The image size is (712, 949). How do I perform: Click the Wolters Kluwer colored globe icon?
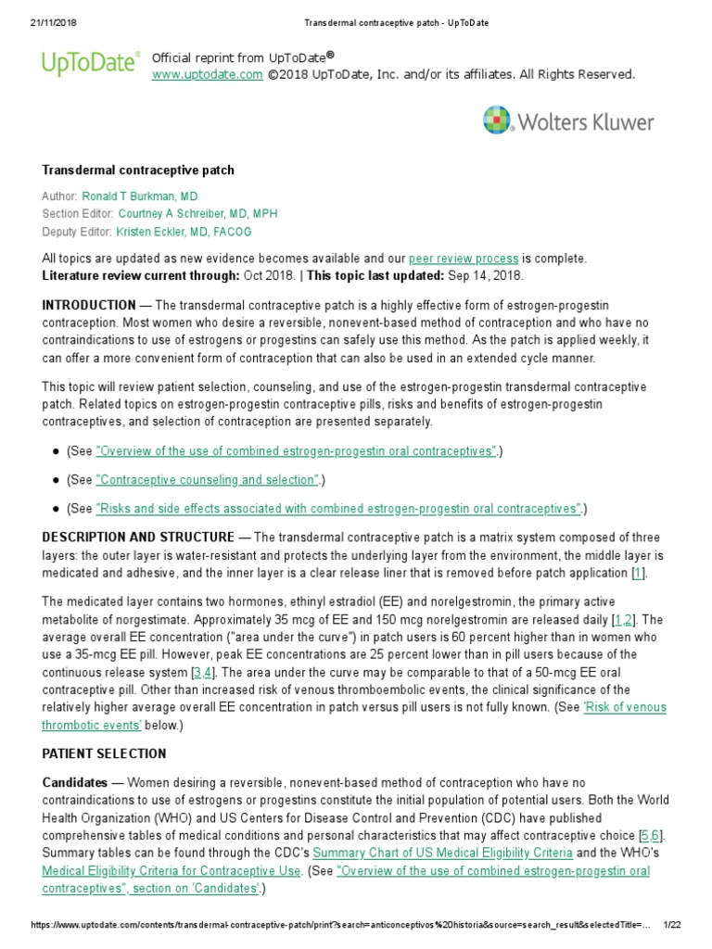tap(498, 121)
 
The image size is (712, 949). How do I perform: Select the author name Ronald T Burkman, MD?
tap(139, 196)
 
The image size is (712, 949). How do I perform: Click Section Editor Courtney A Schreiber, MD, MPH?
tap(197, 214)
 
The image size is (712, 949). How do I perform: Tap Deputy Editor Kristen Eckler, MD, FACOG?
tap(184, 232)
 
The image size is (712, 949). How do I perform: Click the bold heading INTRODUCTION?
tap(89, 305)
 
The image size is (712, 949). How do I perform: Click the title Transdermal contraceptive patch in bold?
tap(138, 171)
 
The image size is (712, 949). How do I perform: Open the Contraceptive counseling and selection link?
tap(208, 480)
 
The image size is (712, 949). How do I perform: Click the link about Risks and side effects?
tap(338, 509)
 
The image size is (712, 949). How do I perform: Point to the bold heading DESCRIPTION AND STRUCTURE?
tap(138, 538)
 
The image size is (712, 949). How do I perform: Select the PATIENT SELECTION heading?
tap(105, 754)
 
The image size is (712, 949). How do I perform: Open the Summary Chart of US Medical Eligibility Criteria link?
tap(442, 853)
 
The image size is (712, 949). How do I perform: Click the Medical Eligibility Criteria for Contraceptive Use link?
tap(172, 871)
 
